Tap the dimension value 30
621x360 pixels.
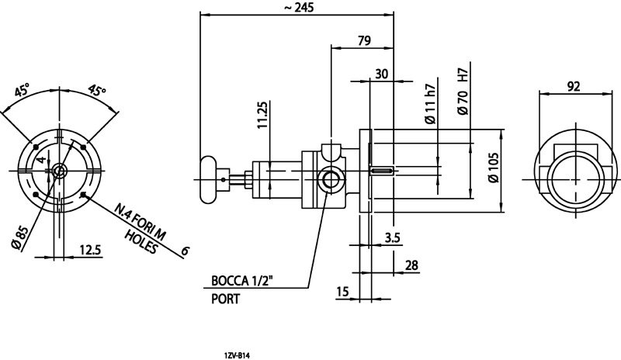(x=381, y=73)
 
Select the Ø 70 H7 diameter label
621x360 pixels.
(x=463, y=93)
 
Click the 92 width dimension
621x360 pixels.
(x=574, y=86)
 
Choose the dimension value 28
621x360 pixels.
(x=411, y=265)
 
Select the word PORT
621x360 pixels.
(x=225, y=298)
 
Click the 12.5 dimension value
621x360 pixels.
(x=91, y=249)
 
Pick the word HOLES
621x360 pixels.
(x=141, y=241)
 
